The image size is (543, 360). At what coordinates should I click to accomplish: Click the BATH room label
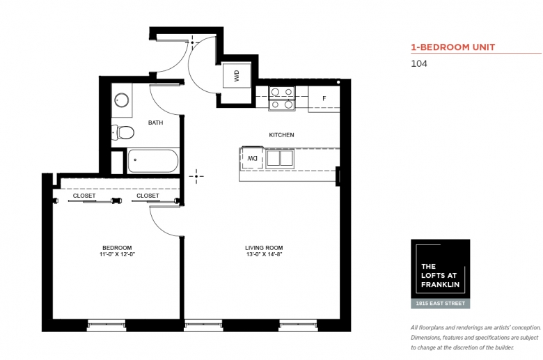coord(155,123)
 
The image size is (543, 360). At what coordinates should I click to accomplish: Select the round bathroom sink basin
coord(122,100)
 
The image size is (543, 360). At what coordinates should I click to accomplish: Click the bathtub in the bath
coord(152,161)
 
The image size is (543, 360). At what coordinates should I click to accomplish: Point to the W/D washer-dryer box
coord(237,75)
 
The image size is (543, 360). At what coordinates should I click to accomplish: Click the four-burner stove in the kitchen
coord(282,98)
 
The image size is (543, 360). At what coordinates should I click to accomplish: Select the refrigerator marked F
coord(324,98)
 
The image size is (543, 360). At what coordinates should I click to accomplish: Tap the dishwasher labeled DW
coord(252,158)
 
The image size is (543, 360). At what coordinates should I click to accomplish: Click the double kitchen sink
coord(280,158)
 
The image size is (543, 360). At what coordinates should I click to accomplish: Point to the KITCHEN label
coord(281,135)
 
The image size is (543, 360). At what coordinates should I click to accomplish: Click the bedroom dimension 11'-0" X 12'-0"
coord(117,254)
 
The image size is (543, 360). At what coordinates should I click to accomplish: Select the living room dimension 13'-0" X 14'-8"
coord(264,254)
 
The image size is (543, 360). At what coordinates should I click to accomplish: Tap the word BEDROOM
coord(117,248)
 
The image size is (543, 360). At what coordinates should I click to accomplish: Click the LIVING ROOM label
coord(264,248)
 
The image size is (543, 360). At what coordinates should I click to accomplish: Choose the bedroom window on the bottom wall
coord(107,324)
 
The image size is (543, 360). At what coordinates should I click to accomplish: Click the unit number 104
coord(419,64)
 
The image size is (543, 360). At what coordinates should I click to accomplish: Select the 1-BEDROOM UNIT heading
coord(453,47)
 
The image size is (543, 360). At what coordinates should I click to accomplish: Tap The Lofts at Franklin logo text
coord(440,276)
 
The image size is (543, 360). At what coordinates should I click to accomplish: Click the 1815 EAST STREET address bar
coord(441,304)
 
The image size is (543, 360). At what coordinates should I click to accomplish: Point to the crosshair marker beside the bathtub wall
coord(196,176)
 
